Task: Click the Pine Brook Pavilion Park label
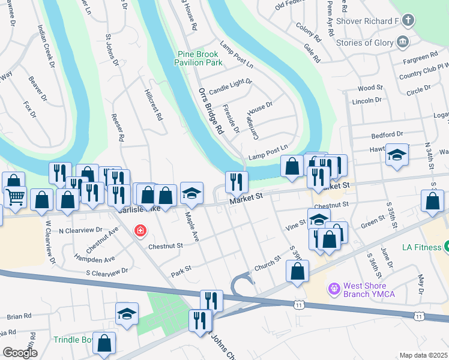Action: click(x=199, y=58)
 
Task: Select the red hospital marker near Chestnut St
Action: click(x=140, y=231)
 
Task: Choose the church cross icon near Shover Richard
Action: click(x=409, y=22)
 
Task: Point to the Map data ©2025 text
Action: click(x=424, y=355)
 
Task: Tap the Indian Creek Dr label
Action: click(x=46, y=46)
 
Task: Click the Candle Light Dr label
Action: click(x=231, y=82)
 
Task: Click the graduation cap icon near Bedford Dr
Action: click(x=397, y=155)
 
